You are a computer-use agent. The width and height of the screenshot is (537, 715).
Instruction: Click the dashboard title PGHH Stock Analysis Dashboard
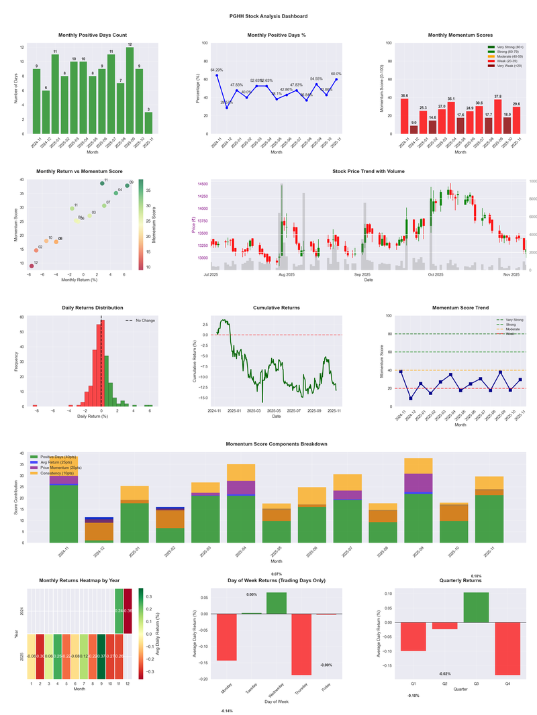click(268, 15)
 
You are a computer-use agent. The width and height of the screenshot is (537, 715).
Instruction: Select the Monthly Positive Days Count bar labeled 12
click(130, 91)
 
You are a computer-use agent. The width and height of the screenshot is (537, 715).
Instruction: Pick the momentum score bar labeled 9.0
click(413, 129)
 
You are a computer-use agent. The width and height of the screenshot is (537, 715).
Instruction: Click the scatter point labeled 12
click(32, 266)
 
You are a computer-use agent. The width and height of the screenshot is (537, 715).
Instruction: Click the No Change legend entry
click(140, 321)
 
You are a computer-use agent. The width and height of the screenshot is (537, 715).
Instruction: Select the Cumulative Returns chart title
click(276, 308)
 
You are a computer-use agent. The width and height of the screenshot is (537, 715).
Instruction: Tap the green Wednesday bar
click(277, 603)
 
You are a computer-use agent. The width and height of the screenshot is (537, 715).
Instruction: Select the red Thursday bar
click(301, 644)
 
